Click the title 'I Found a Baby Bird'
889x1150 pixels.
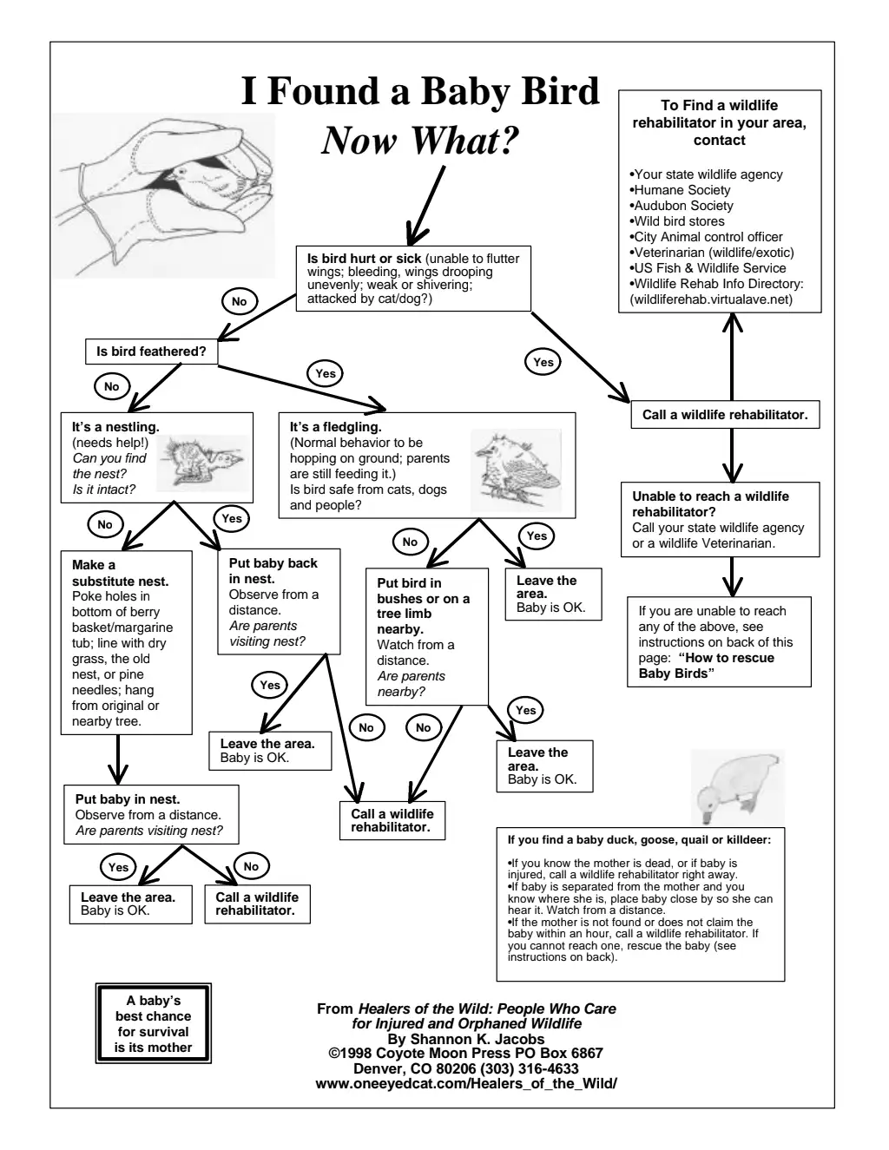coord(420,91)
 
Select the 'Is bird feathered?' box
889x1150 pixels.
coord(151,352)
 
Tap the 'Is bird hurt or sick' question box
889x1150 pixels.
coord(413,279)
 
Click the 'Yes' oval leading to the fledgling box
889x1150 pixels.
coord(325,373)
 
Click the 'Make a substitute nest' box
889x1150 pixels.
coord(127,642)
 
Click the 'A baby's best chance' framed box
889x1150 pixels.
coord(153,1024)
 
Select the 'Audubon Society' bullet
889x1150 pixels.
coord(682,206)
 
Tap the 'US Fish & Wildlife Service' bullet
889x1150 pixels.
coord(708,268)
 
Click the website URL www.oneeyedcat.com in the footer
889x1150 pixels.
coord(466,1083)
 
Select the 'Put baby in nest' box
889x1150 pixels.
coord(150,814)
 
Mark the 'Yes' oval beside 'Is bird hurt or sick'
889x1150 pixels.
coord(543,362)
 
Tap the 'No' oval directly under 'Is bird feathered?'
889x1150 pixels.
coord(111,387)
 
